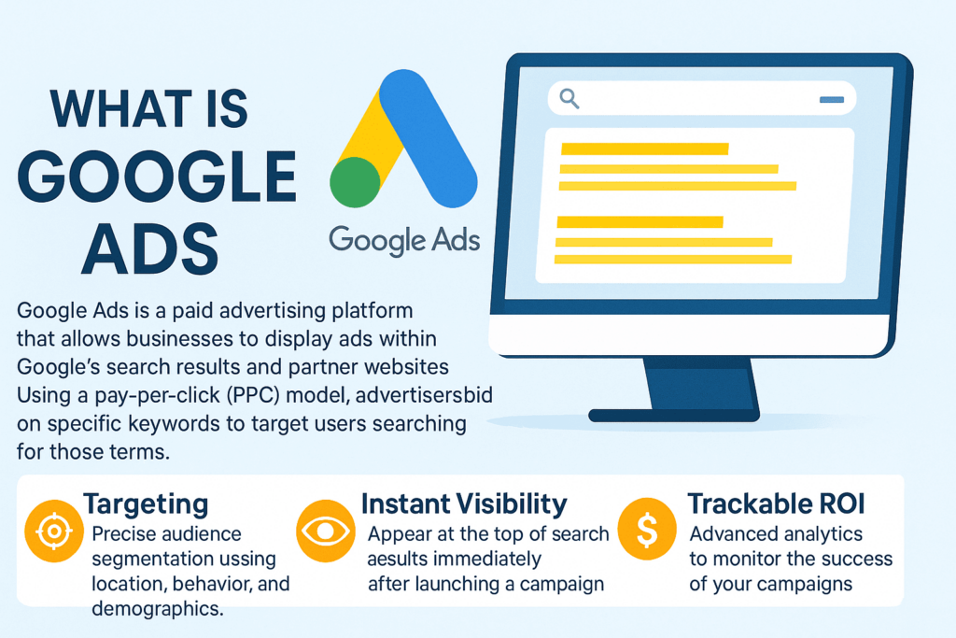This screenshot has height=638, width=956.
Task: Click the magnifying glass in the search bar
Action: (569, 98)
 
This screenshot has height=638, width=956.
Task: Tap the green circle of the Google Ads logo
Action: (355, 182)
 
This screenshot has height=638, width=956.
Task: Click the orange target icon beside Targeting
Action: (53, 532)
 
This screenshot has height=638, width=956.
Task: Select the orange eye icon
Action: (326, 532)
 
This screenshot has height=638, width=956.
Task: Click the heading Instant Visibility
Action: (464, 503)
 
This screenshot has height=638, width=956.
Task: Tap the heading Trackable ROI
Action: (776, 503)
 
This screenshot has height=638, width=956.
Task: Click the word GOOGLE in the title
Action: (157, 177)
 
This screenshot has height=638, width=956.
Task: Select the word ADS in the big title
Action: (150, 248)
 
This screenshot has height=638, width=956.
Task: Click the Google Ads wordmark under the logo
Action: (404, 240)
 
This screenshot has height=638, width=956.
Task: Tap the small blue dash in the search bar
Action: (832, 99)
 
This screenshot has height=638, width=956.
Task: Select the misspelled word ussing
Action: (246, 560)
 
